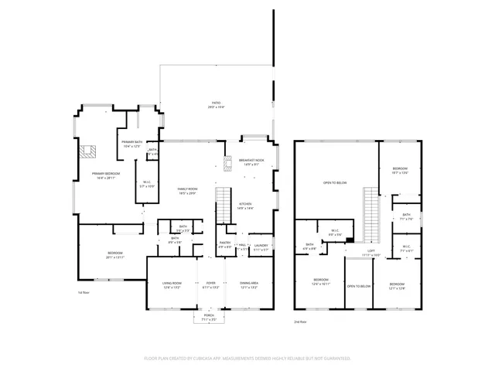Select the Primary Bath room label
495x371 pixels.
(131, 144)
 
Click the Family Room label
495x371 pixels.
(188, 191)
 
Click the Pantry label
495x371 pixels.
(225, 245)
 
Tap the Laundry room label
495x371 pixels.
(261, 247)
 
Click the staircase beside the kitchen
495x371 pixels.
(223, 203)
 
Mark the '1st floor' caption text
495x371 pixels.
(84, 293)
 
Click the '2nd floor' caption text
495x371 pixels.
(300, 321)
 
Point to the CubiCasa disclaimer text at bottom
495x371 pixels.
(247, 359)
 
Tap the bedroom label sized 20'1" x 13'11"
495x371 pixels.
(114, 256)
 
